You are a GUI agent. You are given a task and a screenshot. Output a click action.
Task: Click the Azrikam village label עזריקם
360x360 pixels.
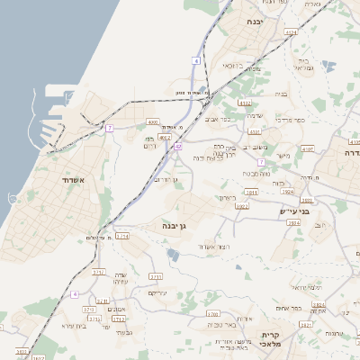pos(157,293)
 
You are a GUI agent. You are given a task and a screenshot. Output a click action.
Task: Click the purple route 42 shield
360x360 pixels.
pos(179,146)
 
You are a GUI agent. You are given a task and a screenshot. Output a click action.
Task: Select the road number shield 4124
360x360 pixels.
pos(291,32)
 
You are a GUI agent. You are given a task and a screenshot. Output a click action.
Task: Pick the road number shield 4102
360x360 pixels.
pos(165,138)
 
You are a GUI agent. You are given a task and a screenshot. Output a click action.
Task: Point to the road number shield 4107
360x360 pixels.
pos(308,149)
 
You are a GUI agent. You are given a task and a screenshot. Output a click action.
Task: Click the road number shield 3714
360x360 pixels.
pos(122,236)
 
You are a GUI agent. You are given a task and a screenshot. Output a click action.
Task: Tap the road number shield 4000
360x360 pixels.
pos(152,121)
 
